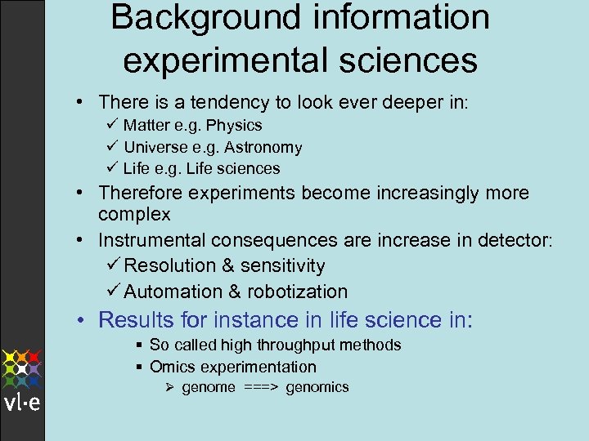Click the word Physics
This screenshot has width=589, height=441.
click(x=234, y=126)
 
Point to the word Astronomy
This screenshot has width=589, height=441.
click(x=261, y=148)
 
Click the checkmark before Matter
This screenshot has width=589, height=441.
click(x=111, y=125)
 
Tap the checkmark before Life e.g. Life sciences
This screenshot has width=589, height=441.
click(x=111, y=168)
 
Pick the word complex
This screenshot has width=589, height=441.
click(x=134, y=215)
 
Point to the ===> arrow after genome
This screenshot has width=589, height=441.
click(x=260, y=387)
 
